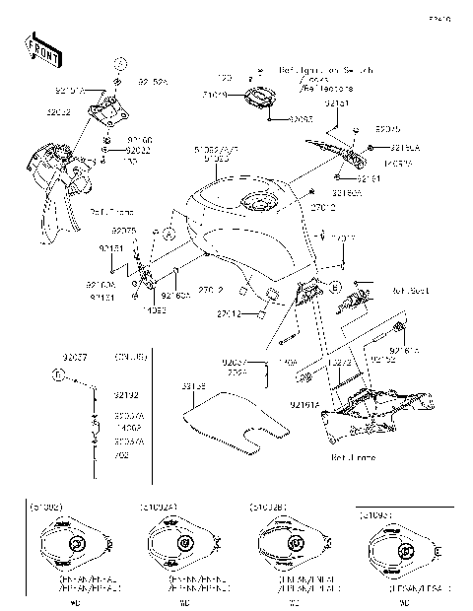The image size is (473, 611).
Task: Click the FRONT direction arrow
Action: coord(37,48)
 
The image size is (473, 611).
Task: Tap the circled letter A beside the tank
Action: coord(169,235)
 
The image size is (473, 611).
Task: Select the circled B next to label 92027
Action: coord(59,375)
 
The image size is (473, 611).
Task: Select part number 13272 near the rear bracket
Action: coord(340,363)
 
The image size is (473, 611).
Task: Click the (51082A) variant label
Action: coord(160,507)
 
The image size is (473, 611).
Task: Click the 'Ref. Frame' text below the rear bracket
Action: coord(349,457)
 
